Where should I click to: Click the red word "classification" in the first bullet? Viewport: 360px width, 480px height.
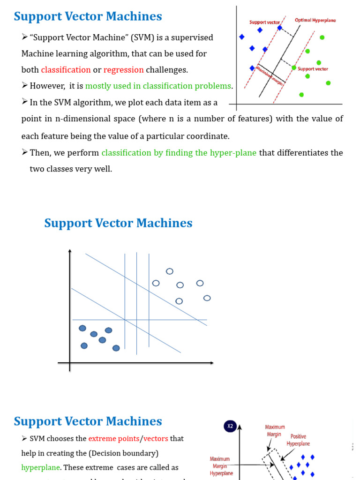click(x=66, y=70)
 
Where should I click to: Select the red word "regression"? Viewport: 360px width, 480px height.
click(x=123, y=70)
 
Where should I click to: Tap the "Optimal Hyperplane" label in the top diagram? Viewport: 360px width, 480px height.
click(x=315, y=21)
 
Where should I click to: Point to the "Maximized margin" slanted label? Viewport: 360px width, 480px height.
click(x=270, y=75)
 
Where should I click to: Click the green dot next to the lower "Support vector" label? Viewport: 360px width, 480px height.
click(x=294, y=68)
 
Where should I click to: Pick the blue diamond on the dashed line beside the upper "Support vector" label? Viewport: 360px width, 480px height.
click(x=280, y=28)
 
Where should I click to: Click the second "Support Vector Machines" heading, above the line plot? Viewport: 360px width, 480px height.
click(x=118, y=223)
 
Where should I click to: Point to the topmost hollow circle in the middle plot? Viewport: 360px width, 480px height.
click(x=170, y=271)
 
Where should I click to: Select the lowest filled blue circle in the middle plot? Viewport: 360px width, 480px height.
click(x=116, y=348)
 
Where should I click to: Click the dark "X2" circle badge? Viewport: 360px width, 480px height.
click(x=230, y=427)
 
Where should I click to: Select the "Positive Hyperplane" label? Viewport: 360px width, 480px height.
click(x=298, y=440)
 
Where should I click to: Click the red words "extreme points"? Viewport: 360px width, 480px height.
click(x=113, y=439)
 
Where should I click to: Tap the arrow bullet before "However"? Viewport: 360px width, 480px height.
click(x=25, y=86)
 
